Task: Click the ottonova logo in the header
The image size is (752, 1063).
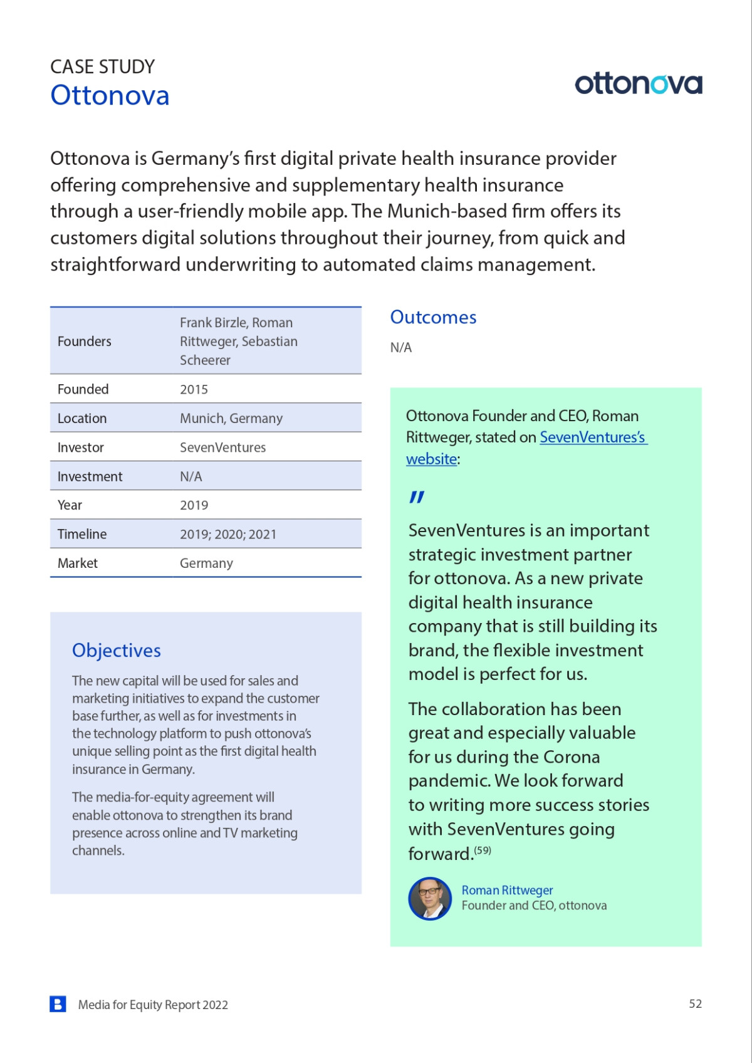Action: coord(638,84)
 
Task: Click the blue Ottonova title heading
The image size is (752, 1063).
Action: coord(110,96)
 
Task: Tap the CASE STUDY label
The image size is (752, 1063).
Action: coord(102,66)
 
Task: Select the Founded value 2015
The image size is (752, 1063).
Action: coord(194,389)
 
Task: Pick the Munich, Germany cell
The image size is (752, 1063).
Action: coord(231,418)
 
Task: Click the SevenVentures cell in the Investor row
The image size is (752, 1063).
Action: coord(222,448)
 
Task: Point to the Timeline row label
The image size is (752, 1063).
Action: coord(82,534)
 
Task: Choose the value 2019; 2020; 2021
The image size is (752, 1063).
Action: coord(227,534)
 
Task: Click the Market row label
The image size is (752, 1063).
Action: coord(78,563)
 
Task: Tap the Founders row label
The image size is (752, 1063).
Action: coord(85,341)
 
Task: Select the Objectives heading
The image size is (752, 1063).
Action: coord(117,651)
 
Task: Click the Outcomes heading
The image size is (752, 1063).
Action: coord(433,317)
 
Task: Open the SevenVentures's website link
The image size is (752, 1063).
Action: coord(592,437)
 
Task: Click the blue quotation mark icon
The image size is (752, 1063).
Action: coord(417,497)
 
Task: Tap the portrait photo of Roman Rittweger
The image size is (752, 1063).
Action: coord(430,898)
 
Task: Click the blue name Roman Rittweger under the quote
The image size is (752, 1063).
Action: coord(507,890)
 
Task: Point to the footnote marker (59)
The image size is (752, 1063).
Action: coord(483,851)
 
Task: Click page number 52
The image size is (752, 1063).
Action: coord(695,1003)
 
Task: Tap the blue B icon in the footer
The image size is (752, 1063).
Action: coord(58,1004)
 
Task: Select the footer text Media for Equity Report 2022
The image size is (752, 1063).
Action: coord(153,1005)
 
